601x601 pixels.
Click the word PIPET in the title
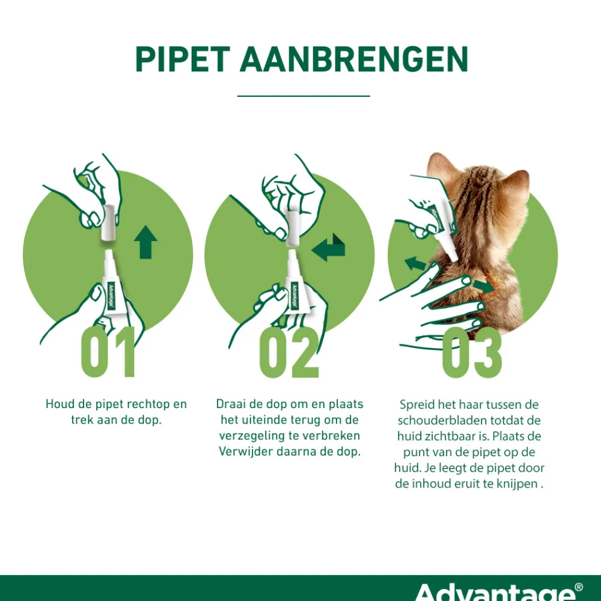pos(182,59)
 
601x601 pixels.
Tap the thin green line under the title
pos(304,96)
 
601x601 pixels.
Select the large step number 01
pos(108,353)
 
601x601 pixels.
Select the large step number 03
pos(472,353)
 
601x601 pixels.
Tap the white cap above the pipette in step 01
pos(109,222)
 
